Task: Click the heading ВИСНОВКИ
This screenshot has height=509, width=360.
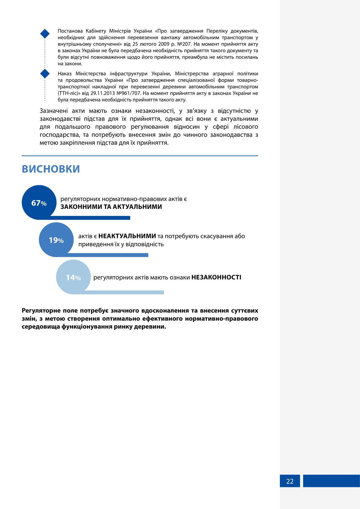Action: point(51,169)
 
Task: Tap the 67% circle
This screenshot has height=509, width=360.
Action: point(39,202)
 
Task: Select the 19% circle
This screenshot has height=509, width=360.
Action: point(56,240)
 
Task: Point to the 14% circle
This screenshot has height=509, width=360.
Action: point(73,277)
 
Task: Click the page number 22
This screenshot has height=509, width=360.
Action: point(290,481)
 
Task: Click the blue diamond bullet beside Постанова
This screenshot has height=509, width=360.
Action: point(45,33)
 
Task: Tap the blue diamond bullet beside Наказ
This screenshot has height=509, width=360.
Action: point(45,74)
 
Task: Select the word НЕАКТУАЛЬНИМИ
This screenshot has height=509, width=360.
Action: point(127,236)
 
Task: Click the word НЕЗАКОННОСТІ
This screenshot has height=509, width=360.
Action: point(216,277)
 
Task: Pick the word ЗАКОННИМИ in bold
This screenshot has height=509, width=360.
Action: point(77,207)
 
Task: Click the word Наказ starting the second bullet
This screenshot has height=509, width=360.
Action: point(65,74)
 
